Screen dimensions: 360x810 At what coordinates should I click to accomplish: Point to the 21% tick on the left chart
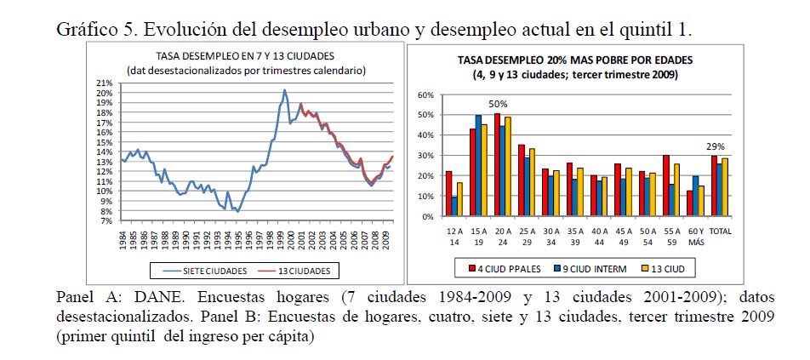coord(106,83)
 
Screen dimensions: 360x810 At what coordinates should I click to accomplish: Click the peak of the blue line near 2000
coord(284,90)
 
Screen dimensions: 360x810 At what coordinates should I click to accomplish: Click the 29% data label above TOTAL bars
coord(717,146)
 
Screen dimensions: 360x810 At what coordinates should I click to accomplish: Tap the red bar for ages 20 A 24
coord(497,165)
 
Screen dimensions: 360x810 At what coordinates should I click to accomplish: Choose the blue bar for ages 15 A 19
coord(479,165)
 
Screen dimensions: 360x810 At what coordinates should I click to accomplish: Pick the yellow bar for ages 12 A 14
coord(460,199)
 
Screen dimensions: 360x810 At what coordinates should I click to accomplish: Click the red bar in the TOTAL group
coord(713,186)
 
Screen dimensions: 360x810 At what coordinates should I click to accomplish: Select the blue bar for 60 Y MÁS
coord(695,196)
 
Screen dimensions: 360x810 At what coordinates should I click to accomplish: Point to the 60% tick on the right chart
coord(429,94)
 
